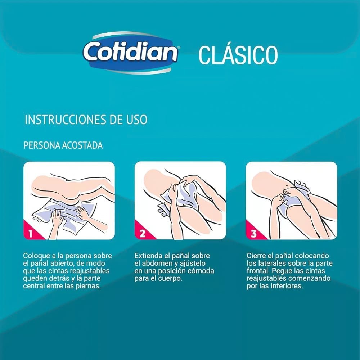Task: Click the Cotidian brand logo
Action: point(131,53)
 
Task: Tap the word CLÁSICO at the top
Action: point(238,55)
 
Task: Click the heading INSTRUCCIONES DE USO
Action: point(86,120)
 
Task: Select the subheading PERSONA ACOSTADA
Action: point(63,145)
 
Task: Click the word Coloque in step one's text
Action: point(36,256)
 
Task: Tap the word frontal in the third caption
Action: point(258,271)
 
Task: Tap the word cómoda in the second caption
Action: point(201,271)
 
